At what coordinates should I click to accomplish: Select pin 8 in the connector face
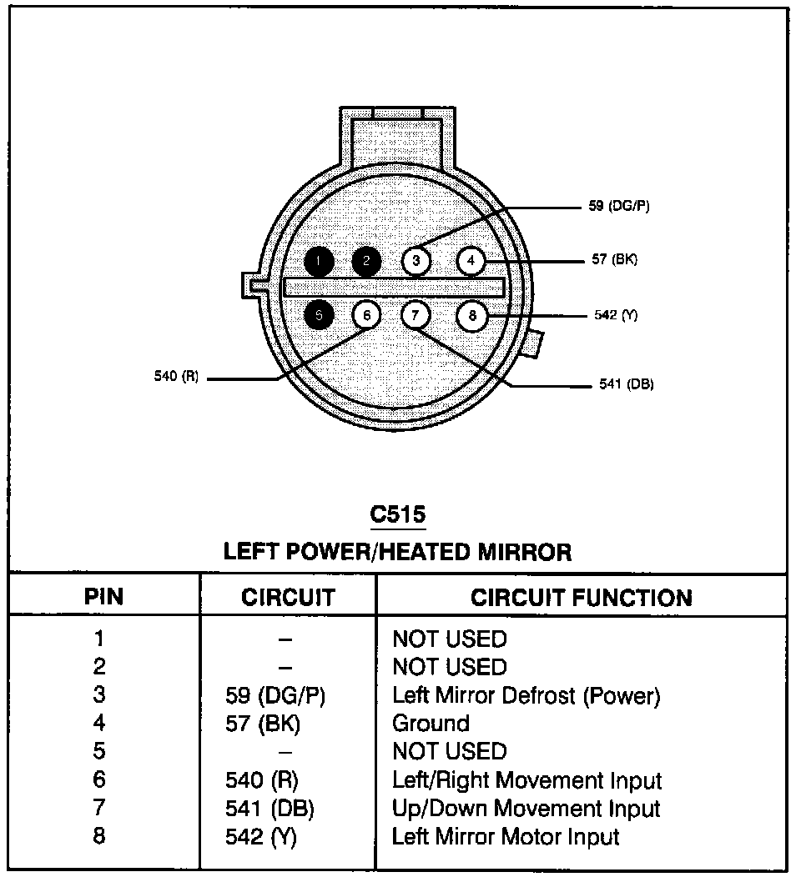(472, 315)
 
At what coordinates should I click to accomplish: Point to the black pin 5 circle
(319, 315)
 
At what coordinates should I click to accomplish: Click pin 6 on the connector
(366, 315)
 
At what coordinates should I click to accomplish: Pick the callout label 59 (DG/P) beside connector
(618, 206)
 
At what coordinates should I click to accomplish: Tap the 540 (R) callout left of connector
(176, 377)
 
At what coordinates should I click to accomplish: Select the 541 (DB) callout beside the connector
(626, 384)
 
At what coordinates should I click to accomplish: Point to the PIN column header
(104, 598)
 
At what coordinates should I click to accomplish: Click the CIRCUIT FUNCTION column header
(581, 598)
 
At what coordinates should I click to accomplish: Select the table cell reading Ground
(431, 723)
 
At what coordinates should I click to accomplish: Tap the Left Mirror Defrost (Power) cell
(526, 694)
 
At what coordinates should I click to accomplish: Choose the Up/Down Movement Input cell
(526, 808)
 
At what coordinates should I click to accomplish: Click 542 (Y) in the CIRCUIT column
(261, 836)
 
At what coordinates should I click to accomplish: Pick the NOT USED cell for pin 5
(449, 751)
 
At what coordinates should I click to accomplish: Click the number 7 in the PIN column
(99, 808)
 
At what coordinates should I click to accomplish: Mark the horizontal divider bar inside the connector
(394, 288)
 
